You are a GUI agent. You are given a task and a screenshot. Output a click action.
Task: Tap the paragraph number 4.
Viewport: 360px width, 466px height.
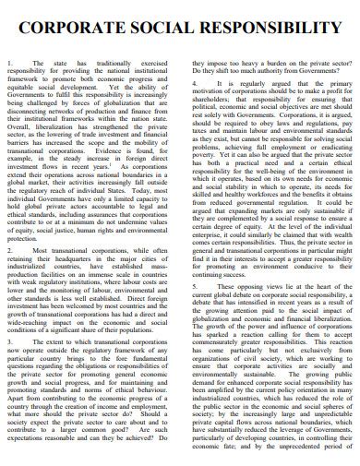tap(197, 83)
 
